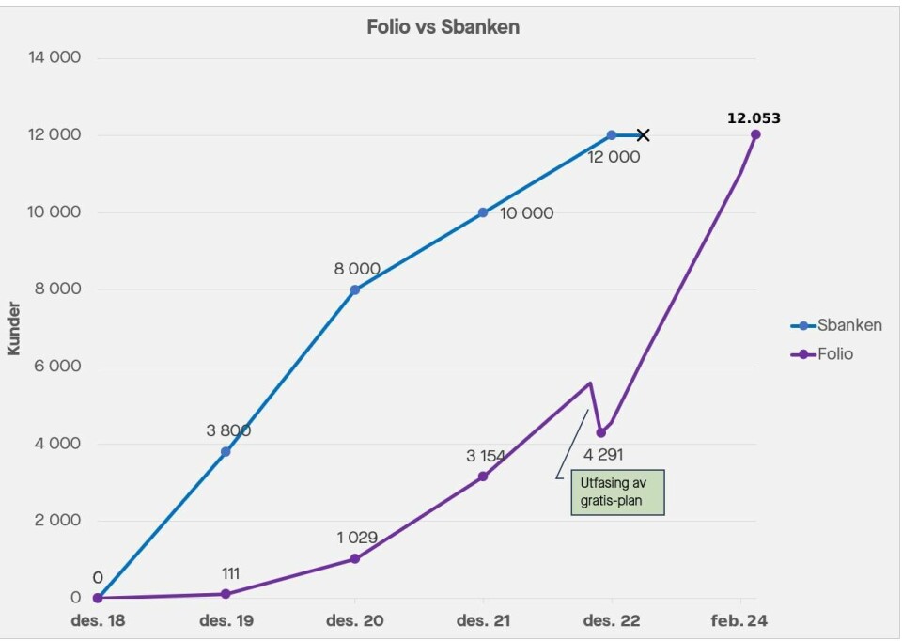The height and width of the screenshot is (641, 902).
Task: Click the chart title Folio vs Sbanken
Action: point(443,27)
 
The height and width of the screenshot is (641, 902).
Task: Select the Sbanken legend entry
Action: point(836,325)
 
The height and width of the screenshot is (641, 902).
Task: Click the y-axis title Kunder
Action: point(14,326)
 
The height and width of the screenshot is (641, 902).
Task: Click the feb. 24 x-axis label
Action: point(740,620)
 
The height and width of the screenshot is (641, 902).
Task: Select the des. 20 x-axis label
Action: point(354,620)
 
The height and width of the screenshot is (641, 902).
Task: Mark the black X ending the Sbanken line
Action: point(643,135)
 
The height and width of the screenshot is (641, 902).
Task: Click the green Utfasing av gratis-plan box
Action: point(616,492)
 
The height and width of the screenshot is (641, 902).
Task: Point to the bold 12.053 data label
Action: point(754,118)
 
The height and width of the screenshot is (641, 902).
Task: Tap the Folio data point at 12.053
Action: point(755,134)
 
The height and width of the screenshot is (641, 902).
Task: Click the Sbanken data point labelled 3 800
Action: point(225,452)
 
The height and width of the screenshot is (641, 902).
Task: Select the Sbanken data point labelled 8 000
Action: point(354,289)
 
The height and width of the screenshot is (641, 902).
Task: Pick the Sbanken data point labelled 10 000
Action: point(483,212)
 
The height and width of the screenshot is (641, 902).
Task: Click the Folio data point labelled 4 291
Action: point(601,432)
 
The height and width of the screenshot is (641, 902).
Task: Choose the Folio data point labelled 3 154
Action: point(483,477)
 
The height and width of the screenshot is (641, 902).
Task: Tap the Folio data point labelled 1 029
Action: point(354,558)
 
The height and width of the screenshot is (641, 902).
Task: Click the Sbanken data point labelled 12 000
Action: point(612,135)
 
